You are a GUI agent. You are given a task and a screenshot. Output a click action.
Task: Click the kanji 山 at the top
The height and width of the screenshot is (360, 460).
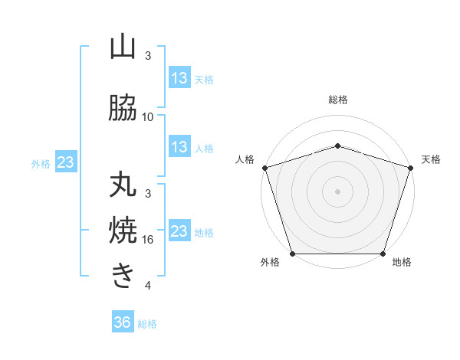click(x=123, y=48)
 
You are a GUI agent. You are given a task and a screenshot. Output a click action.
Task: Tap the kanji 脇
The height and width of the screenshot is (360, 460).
click(x=123, y=109)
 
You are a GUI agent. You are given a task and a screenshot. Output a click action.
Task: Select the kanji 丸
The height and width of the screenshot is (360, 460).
click(x=123, y=186)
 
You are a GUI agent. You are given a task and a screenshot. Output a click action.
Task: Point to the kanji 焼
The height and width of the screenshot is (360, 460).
click(x=123, y=231)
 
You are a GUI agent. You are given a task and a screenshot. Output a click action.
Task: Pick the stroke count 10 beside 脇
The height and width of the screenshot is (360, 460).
click(x=148, y=116)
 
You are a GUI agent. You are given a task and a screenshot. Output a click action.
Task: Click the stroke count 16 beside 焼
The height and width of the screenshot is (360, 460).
click(x=148, y=240)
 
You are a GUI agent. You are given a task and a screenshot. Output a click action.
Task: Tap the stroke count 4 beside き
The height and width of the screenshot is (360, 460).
click(x=148, y=286)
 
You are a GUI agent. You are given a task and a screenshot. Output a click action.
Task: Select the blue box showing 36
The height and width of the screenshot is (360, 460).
click(x=122, y=322)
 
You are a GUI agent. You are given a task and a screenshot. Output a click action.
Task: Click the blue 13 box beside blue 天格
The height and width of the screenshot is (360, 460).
click(x=179, y=79)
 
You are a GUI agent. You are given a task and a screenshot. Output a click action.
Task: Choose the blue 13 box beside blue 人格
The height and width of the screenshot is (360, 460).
click(x=179, y=148)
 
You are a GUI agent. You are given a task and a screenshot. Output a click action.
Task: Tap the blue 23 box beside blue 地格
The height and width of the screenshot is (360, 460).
click(x=179, y=231)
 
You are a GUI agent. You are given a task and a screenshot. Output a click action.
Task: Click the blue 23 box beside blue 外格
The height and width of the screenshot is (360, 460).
click(x=65, y=162)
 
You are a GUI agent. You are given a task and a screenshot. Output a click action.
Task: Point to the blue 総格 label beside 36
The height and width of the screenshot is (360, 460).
click(x=147, y=324)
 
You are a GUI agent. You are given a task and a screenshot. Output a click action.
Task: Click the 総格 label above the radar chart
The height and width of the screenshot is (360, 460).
click(x=338, y=100)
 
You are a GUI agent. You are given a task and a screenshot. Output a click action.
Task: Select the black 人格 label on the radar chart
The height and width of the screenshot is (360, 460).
click(x=245, y=159)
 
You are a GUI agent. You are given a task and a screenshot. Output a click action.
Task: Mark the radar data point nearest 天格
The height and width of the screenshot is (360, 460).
click(x=410, y=168)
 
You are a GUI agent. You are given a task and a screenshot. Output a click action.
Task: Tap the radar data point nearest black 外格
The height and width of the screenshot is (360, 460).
click(x=293, y=254)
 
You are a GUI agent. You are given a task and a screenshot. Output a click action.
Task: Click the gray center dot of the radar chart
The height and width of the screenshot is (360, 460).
click(x=338, y=191)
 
